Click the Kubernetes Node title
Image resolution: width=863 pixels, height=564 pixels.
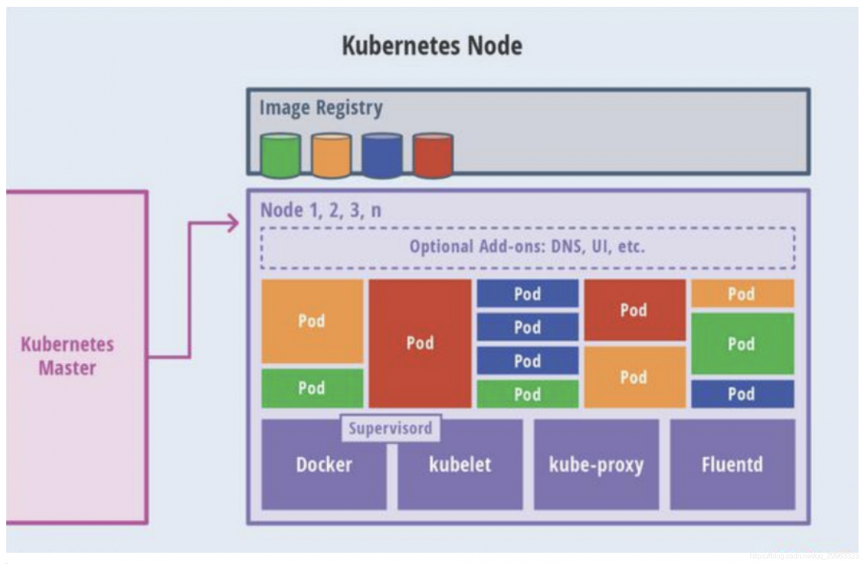coord(431,46)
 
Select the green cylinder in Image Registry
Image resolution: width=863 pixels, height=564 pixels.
coord(280,156)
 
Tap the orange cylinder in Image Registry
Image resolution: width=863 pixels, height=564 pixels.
coord(331,156)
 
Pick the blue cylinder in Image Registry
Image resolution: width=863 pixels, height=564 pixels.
coord(382,156)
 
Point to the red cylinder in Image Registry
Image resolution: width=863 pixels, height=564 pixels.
coord(433,156)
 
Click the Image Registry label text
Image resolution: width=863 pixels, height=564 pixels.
coord(321,108)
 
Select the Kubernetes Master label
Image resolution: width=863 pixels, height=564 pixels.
coord(67,356)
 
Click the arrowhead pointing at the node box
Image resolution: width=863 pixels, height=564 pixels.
coord(233,223)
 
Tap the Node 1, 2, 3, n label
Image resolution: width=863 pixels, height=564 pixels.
coord(321,210)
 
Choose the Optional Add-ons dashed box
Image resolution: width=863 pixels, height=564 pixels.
coord(527,247)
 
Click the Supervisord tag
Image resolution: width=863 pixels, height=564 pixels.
coord(390,428)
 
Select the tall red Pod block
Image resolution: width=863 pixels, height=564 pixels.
coord(420,343)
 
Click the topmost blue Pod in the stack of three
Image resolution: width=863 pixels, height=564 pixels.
coord(527,294)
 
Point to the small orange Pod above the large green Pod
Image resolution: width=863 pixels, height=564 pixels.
coord(742,294)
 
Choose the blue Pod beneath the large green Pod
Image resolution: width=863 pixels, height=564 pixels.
coord(742,394)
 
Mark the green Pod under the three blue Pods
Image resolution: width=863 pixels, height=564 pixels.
coord(527,394)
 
